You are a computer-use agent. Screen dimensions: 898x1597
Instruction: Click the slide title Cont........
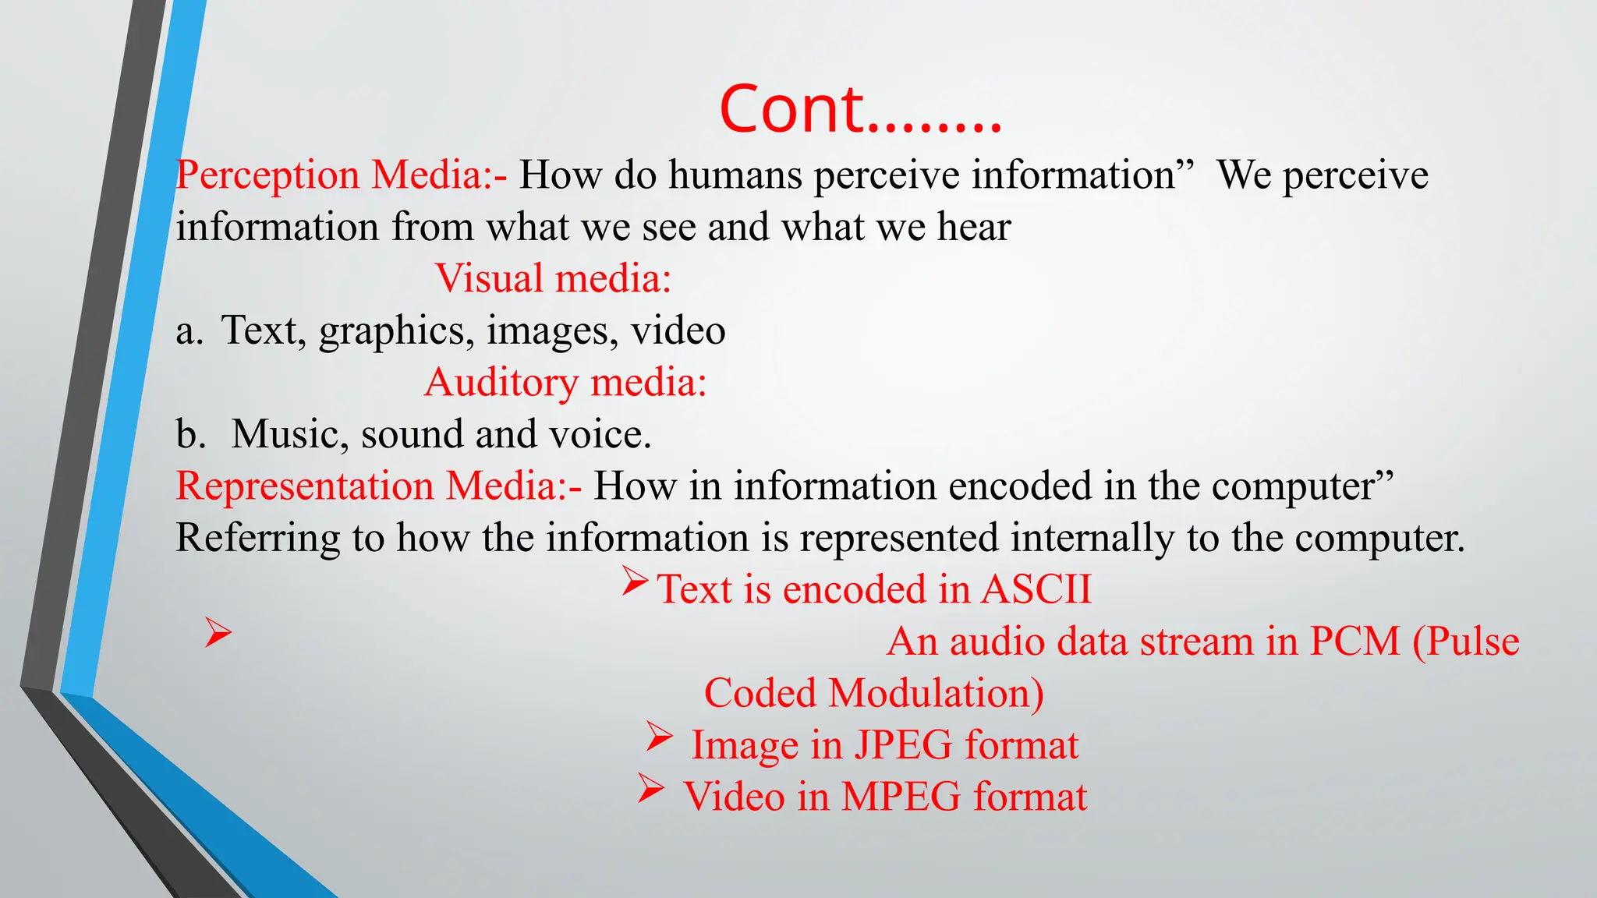859,109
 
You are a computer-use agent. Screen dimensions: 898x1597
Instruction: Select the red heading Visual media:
553,278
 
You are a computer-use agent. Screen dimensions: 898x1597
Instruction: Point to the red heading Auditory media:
565,383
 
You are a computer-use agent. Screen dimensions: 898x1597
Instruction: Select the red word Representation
304,486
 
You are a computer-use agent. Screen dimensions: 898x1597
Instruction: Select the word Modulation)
936,693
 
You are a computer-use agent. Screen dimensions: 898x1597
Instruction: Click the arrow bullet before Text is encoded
635,582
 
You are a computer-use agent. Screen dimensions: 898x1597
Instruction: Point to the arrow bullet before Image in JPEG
659,737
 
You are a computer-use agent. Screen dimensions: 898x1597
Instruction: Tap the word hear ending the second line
974,227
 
